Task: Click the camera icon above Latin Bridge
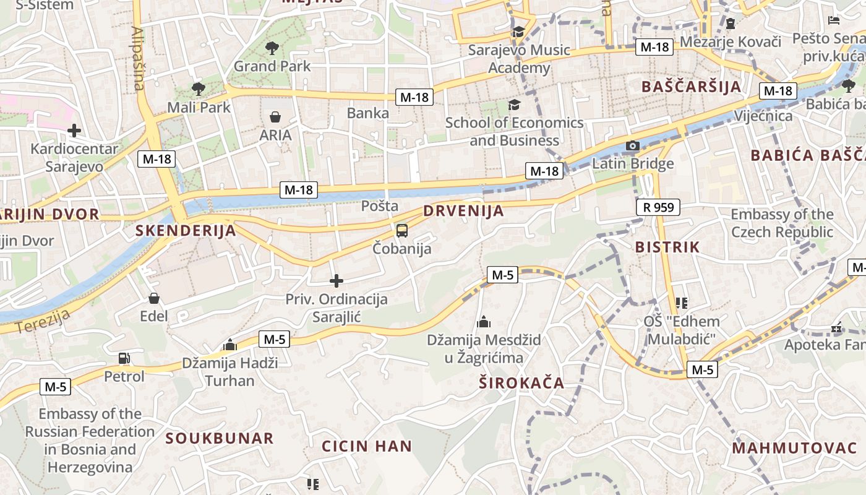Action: coord(632,146)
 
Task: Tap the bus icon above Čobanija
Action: coord(402,231)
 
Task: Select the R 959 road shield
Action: coord(658,207)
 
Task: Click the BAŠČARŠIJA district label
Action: coord(691,86)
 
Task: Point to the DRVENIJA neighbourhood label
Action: coord(463,211)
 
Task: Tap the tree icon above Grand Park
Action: coord(272,48)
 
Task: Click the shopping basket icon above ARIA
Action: coord(275,116)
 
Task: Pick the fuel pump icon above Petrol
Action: coord(124,358)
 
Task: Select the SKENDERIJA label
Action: coord(186,231)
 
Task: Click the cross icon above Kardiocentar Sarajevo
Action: coord(74,131)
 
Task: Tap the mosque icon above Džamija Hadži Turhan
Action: coord(230,345)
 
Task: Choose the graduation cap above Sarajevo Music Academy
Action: coord(518,32)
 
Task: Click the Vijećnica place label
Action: coord(763,116)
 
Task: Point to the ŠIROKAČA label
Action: coord(521,383)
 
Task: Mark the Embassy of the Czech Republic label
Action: coord(782,223)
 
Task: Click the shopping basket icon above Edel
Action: coord(154,298)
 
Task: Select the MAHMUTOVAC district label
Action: coord(794,448)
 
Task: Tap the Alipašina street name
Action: coord(139,59)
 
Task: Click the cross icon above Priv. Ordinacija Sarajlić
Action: coord(337,282)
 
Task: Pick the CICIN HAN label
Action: coord(367,445)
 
